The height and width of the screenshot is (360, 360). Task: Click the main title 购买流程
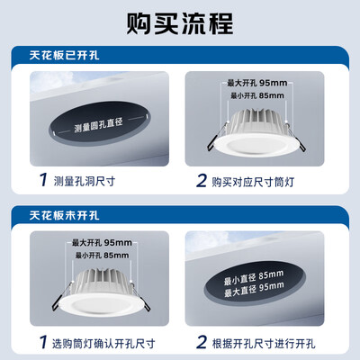(180, 23)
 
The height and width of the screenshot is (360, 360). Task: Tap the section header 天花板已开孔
(64, 56)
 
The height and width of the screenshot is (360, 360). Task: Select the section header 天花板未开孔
(64, 215)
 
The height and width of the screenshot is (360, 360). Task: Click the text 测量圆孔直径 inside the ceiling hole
(98, 124)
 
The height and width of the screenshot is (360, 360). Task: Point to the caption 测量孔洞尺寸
(85, 181)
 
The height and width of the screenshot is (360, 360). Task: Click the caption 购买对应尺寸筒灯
(253, 182)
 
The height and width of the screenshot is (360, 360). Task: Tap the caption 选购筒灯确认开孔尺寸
(103, 343)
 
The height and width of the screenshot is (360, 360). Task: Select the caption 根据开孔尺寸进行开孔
(264, 343)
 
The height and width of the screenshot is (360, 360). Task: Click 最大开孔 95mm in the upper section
(257, 83)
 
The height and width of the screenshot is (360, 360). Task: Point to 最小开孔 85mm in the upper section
(257, 95)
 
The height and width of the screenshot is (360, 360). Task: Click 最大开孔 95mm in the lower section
(102, 242)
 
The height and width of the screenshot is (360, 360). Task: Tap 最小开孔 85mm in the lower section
(102, 256)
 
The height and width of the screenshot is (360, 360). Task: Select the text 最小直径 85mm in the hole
(253, 277)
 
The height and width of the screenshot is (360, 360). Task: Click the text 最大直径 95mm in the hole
(254, 289)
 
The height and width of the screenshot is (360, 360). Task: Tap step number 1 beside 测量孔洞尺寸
(43, 180)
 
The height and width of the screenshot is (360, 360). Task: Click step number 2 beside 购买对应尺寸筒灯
(202, 180)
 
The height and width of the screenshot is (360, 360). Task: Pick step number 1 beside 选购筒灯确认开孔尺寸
(43, 342)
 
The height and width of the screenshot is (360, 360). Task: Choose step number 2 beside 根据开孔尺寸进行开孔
(202, 342)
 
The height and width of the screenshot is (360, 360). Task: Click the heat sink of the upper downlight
(256, 121)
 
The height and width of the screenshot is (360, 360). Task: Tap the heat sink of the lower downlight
(102, 282)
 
